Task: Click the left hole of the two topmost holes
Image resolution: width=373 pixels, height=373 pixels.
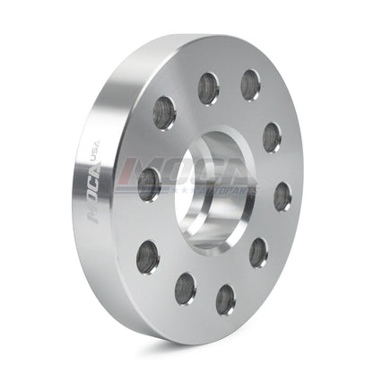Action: pyautogui.click(x=209, y=86)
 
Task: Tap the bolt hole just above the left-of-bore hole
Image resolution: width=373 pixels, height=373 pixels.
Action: pyautogui.click(x=165, y=112)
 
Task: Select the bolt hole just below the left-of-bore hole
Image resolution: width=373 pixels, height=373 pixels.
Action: pyautogui.click(x=148, y=258)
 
